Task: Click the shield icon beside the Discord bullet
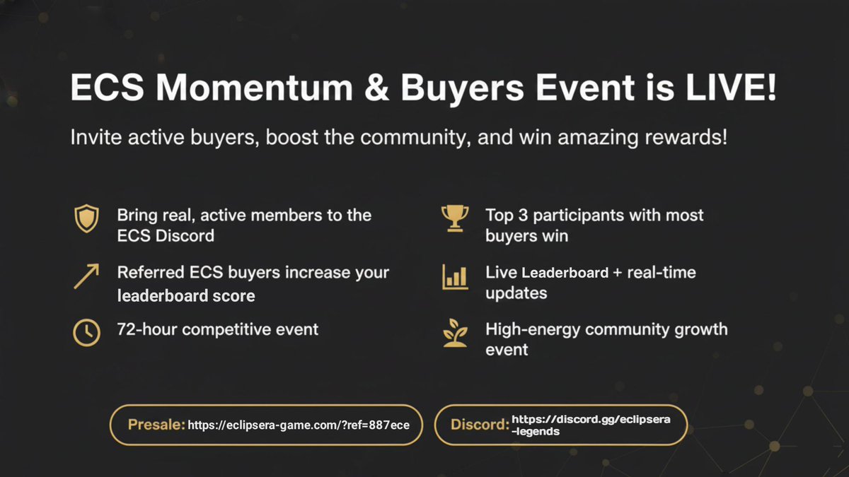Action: [86, 220]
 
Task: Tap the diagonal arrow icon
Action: [86, 276]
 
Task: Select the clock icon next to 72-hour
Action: [86, 331]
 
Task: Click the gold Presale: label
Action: [156, 425]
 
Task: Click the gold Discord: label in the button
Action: [480, 425]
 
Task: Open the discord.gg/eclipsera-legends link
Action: [590, 425]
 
